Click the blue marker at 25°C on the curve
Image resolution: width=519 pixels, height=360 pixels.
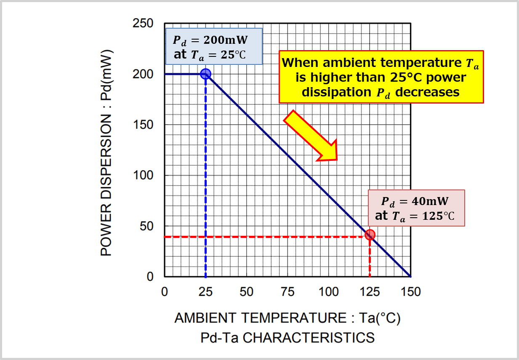(x=205, y=74)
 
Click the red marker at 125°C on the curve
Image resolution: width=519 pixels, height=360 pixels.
(x=370, y=235)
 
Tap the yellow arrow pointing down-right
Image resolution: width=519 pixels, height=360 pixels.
(x=311, y=136)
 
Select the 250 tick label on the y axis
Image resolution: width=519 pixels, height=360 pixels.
(x=143, y=24)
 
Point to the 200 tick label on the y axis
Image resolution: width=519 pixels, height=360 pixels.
(x=143, y=74)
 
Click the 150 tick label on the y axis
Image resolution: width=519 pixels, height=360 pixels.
(x=143, y=125)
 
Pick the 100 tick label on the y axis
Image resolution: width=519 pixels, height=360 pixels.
(x=143, y=175)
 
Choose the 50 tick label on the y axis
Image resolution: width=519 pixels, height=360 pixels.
(x=146, y=226)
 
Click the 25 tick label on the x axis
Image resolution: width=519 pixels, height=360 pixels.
(x=205, y=291)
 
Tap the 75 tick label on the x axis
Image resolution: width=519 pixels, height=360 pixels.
(x=287, y=291)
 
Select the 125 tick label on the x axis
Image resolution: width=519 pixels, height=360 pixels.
(x=369, y=291)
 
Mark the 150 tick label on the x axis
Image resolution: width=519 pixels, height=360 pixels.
(x=410, y=291)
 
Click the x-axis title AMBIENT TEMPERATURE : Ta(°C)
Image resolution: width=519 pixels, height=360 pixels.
(x=287, y=318)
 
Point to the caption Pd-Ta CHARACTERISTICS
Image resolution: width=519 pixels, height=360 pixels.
(x=287, y=338)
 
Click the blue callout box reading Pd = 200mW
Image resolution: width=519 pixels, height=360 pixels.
(x=214, y=46)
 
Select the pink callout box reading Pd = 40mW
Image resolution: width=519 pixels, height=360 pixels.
(x=416, y=208)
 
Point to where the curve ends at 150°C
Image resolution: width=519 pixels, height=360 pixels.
(x=410, y=276)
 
